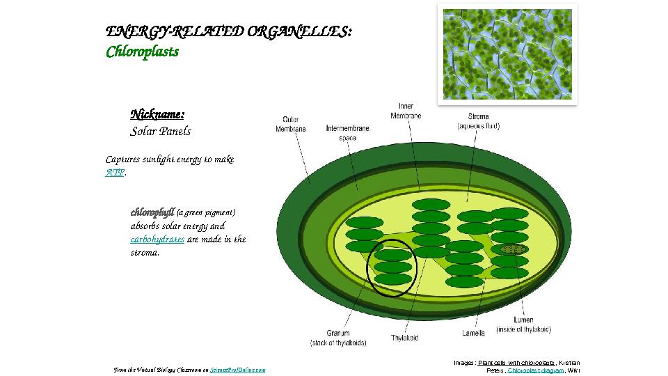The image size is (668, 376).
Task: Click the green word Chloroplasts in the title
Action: click(x=142, y=52)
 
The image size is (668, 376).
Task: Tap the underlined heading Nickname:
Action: click(x=157, y=114)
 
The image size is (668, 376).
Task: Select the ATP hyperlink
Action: click(x=115, y=173)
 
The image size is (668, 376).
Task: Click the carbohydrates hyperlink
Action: click(x=157, y=240)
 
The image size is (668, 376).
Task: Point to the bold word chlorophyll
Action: click(x=152, y=212)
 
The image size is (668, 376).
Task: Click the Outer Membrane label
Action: click(x=290, y=124)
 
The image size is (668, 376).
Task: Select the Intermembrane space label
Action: click(x=347, y=133)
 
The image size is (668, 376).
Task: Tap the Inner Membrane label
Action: click(x=405, y=111)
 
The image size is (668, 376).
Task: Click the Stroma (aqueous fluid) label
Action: click(x=478, y=121)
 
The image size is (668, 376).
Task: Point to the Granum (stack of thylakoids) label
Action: click(x=338, y=338)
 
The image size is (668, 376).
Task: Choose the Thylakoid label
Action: click(x=404, y=338)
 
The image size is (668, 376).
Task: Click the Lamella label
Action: click(x=473, y=333)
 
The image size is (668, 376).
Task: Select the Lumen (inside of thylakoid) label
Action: click(x=523, y=324)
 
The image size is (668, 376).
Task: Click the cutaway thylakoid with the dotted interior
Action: click(x=510, y=249)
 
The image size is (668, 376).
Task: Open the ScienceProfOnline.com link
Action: click(x=237, y=370)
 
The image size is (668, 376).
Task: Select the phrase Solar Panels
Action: click(x=160, y=132)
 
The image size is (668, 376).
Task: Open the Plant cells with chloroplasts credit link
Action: click(x=516, y=363)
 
